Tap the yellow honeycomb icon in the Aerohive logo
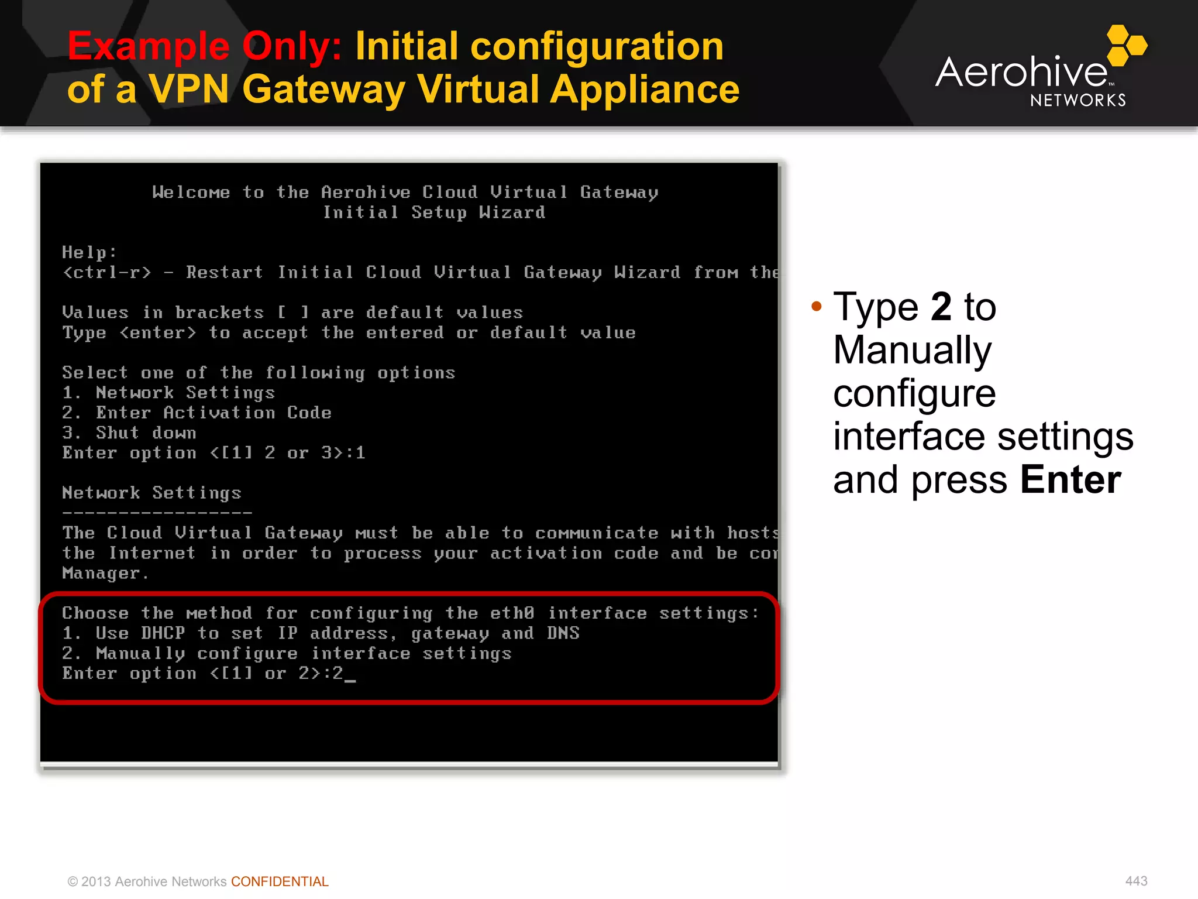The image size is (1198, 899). point(1126,44)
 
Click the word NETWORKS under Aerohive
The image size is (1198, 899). point(1077,101)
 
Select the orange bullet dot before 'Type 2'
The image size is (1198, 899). point(817,306)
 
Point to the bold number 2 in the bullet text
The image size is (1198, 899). point(941,306)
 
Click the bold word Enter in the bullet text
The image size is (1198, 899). point(1070,480)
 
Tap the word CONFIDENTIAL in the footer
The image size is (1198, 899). point(280,881)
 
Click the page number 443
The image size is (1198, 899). point(1136,881)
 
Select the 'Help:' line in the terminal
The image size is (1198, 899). point(89,253)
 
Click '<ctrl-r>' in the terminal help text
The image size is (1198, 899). point(107,273)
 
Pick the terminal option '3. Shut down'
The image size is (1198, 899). point(129,433)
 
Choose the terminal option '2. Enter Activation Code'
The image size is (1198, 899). point(197,413)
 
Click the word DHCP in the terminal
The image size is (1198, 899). point(163,633)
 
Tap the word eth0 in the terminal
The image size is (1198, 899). point(512,613)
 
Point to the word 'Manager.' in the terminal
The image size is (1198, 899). point(105,573)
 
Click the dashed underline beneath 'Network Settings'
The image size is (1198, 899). point(157,513)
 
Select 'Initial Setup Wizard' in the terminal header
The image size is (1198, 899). point(434,212)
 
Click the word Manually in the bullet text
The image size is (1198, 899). point(912,350)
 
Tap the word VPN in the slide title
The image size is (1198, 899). point(188,90)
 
